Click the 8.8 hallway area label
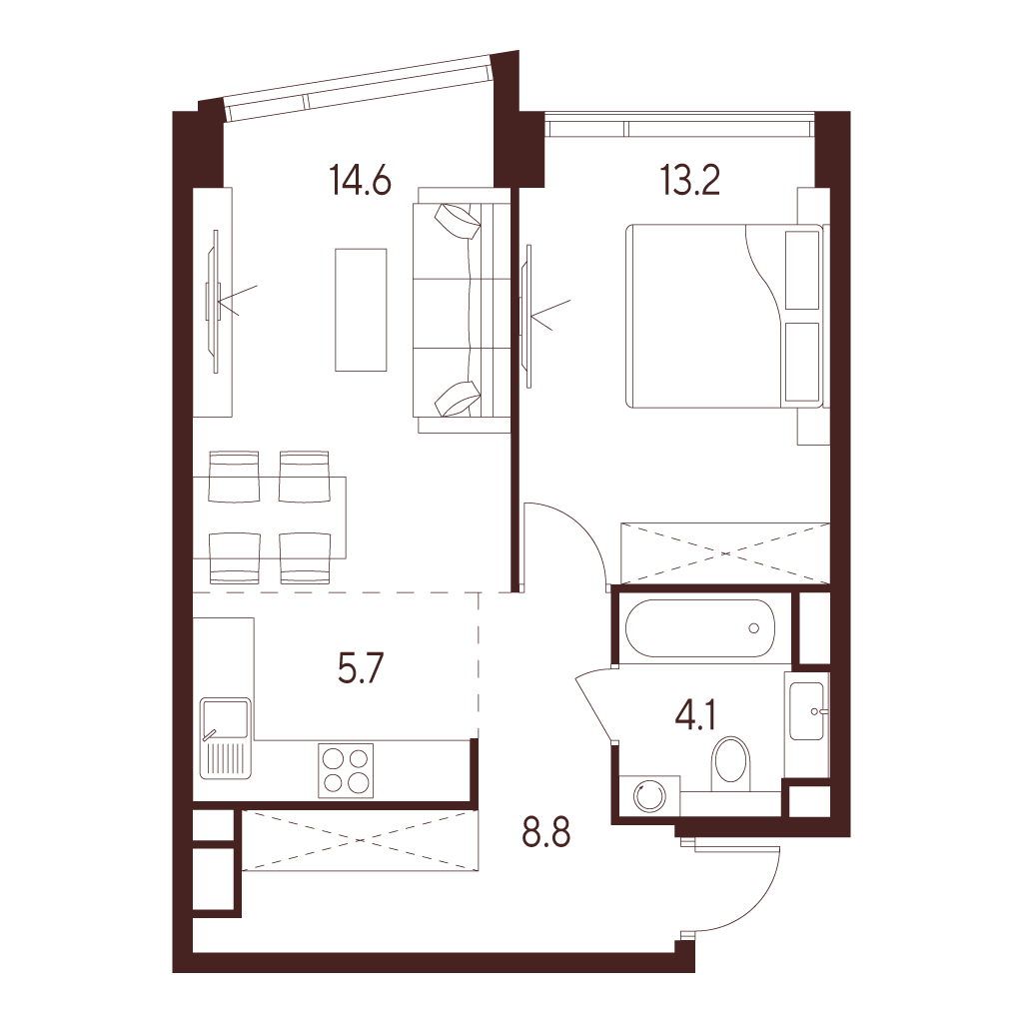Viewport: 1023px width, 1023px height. click(546, 832)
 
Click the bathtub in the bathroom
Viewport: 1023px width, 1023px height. click(699, 628)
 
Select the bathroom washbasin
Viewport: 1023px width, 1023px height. click(806, 710)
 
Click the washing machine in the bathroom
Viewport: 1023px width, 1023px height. click(649, 795)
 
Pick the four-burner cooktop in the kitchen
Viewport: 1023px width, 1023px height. click(346, 770)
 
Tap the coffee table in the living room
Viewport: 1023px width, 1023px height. click(361, 310)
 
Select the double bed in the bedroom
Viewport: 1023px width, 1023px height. click(724, 316)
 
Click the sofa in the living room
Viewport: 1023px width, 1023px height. click(462, 310)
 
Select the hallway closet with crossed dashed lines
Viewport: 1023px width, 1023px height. click(361, 840)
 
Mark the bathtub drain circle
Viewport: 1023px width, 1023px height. click(754, 628)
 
